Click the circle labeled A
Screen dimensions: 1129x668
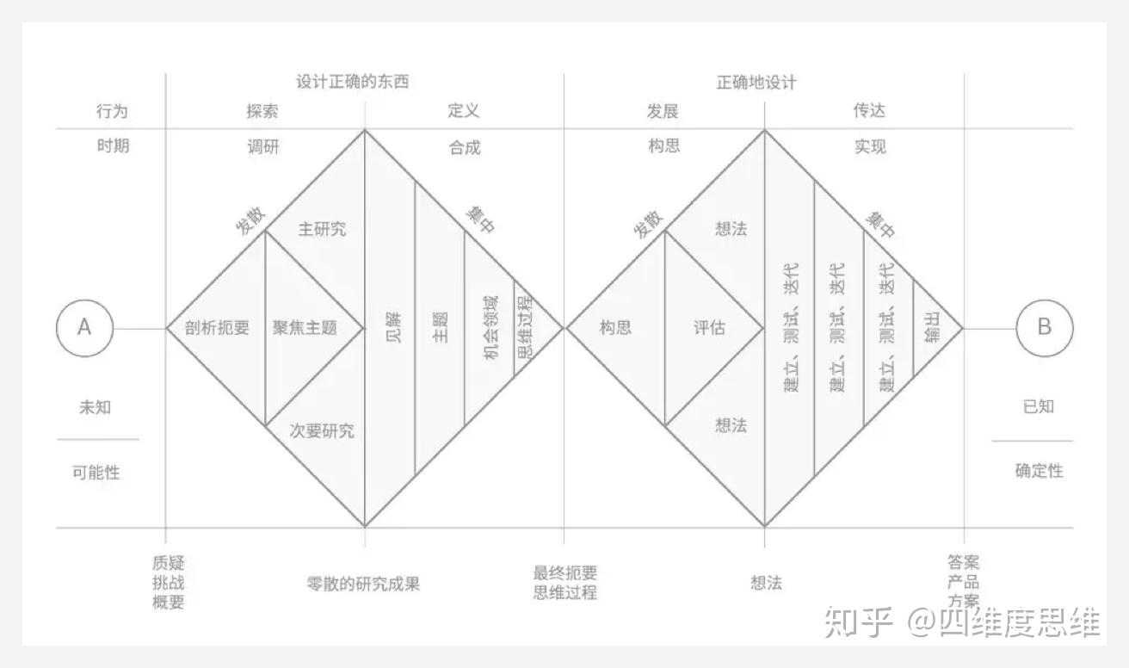click(x=84, y=328)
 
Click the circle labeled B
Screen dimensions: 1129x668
click(x=1044, y=328)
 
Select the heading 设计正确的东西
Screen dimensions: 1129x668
click(x=352, y=83)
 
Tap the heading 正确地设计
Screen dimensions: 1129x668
click(x=756, y=83)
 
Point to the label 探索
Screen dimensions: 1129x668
click(x=262, y=112)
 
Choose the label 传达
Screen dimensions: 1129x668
click(x=869, y=111)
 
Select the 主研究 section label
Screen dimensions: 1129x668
click(x=322, y=230)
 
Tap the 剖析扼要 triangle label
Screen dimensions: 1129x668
click(x=217, y=328)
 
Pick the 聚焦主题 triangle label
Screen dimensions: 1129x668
click(x=305, y=328)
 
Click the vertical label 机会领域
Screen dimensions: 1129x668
click(x=490, y=328)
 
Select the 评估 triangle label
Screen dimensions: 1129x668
click(x=709, y=328)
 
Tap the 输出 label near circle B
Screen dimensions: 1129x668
click(x=932, y=328)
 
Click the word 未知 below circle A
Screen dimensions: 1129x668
click(x=95, y=407)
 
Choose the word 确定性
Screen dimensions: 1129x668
click(x=1039, y=471)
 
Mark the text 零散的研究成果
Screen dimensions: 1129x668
click(x=363, y=584)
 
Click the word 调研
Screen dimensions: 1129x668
click(x=263, y=147)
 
